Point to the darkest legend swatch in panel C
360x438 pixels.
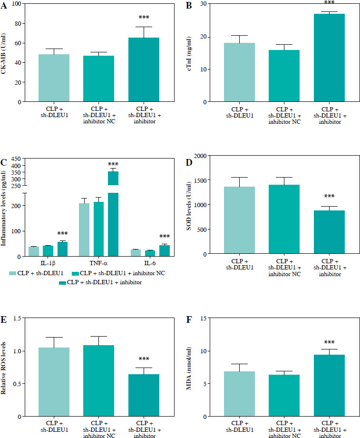(62, 282)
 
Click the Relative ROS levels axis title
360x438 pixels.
(5, 367)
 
